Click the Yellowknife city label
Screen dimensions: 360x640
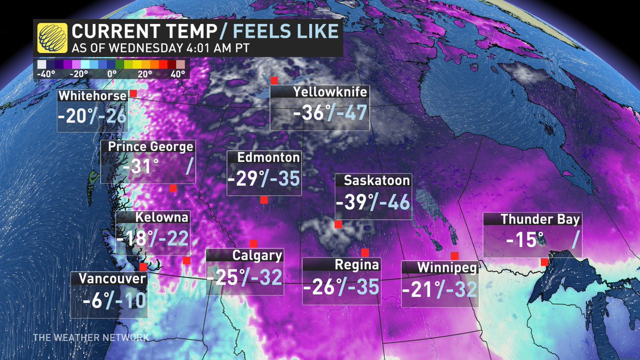click(330, 92)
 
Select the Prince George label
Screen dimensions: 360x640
click(150, 147)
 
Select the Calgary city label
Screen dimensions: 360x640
click(257, 255)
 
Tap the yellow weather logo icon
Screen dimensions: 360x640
click(52, 38)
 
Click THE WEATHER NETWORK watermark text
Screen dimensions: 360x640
click(91, 338)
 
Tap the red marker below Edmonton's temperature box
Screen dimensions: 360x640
click(263, 200)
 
